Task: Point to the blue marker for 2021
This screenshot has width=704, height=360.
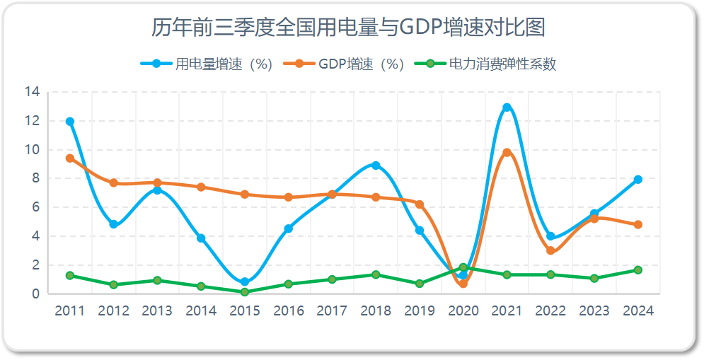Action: (x=507, y=108)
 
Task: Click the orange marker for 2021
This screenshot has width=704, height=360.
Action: (x=507, y=152)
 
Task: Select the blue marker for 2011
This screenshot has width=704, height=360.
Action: (x=70, y=122)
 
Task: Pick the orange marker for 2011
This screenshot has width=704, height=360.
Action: (x=70, y=158)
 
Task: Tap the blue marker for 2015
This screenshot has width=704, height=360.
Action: (x=245, y=282)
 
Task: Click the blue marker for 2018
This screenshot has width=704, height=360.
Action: (x=376, y=166)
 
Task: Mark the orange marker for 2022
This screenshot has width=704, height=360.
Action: (x=550, y=250)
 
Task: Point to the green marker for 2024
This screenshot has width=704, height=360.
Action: (x=637, y=269)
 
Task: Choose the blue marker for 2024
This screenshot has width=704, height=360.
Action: (x=637, y=180)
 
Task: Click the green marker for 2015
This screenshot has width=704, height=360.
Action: (x=245, y=292)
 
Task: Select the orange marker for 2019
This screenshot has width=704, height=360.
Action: (x=420, y=204)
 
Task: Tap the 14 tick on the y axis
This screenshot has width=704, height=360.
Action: (x=32, y=92)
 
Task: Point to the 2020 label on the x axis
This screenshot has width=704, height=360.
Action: (x=463, y=311)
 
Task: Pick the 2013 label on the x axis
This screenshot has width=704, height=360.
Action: (x=158, y=311)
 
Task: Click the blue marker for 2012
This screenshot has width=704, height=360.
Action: (x=113, y=224)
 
